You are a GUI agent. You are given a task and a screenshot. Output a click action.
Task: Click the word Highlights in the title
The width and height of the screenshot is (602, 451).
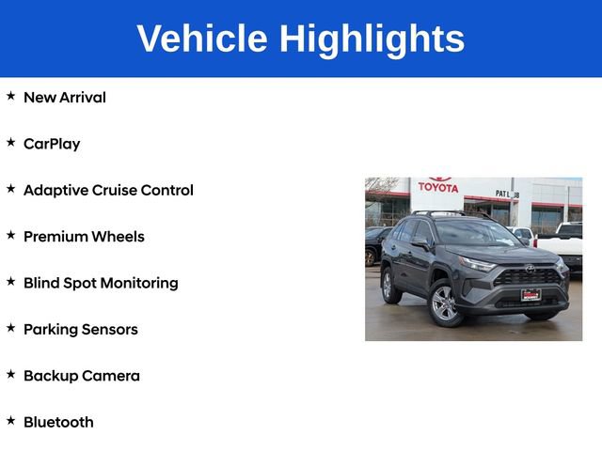[x=372, y=39]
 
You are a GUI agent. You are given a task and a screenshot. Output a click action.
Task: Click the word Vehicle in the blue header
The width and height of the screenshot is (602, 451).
[x=201, y=39]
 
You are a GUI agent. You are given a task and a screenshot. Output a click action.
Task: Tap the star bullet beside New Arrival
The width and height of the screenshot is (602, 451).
[x=10, y=96]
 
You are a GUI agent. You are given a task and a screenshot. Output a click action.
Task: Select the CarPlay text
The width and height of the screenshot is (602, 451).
[x=52, y=144]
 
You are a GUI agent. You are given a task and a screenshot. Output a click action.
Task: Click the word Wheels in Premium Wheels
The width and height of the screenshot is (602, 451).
[x=118, y=237]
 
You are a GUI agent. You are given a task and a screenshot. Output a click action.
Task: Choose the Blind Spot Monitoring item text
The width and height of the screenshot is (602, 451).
[x=101, y=283]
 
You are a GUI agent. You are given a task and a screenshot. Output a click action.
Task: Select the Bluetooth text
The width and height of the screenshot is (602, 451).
[x=58, y=423]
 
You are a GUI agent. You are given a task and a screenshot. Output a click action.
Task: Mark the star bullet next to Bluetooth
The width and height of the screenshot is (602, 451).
[x=10, y=421]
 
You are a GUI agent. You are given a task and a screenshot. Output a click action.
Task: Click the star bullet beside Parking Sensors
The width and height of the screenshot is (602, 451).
[x=10, y=328]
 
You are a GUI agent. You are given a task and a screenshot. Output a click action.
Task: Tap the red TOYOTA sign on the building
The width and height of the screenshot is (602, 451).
[x=438, y=186]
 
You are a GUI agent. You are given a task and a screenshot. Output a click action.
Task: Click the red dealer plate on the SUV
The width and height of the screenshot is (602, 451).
[x=531, y=294]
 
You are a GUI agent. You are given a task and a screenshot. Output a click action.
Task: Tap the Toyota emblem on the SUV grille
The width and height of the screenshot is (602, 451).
[x=530, y=269]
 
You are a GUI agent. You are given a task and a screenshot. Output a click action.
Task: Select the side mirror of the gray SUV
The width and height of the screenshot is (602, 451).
[x=420, y=242]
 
